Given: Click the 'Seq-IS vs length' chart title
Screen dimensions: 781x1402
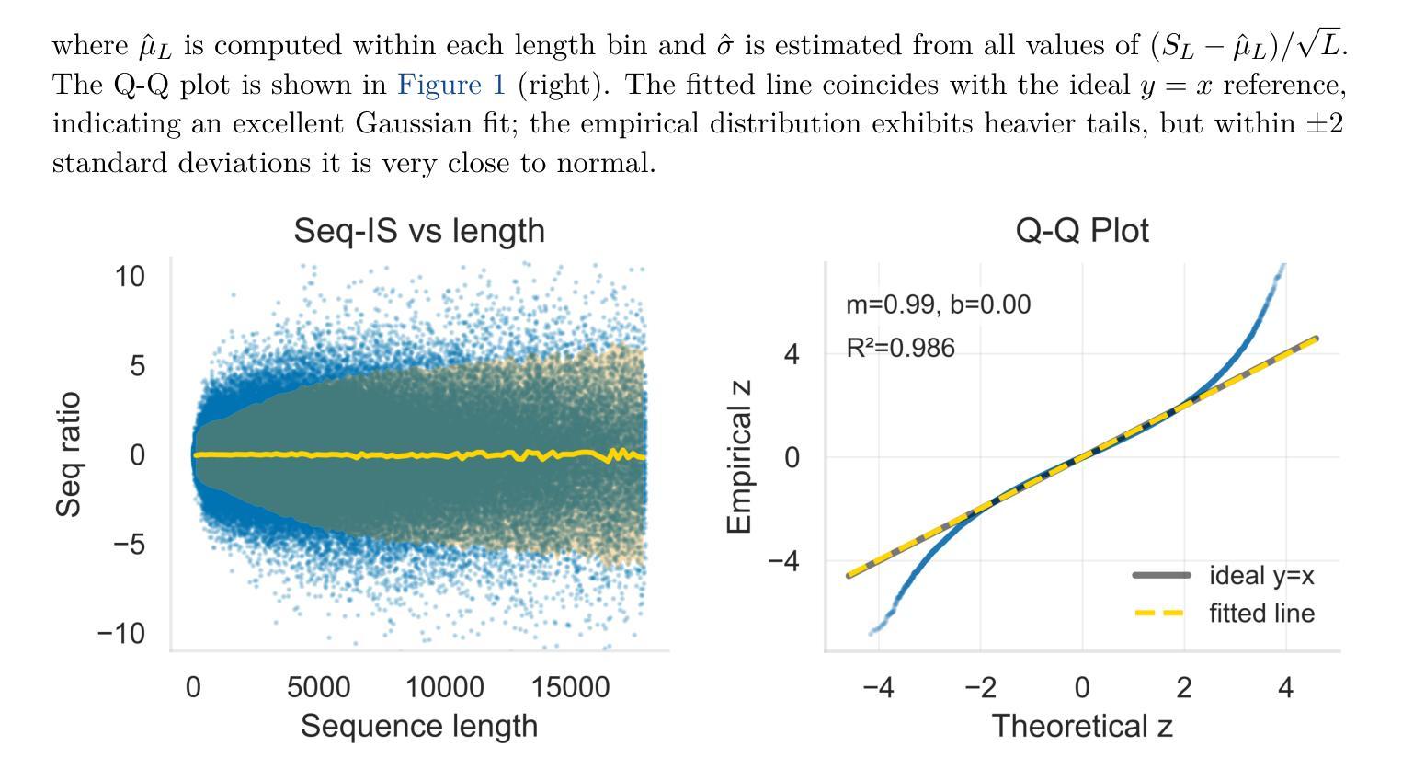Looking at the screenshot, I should point(419,230).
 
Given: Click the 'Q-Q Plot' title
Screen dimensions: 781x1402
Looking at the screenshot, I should point(1082,230).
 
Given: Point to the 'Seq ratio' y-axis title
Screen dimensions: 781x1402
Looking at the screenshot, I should point(69,454).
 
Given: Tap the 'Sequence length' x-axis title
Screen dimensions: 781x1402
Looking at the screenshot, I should point(419,726).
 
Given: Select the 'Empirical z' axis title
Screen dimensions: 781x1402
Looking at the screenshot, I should point(739,456).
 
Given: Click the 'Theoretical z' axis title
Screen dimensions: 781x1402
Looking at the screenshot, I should point(1082,726).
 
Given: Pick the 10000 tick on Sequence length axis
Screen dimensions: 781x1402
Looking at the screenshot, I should point(445,687).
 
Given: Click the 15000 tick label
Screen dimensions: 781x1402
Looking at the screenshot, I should point(570,687).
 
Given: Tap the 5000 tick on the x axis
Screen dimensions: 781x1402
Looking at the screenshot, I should point(318,687).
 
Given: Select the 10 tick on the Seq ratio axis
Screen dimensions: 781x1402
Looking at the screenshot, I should point(130,276).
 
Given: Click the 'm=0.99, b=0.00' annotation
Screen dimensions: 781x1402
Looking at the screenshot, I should point(938,304).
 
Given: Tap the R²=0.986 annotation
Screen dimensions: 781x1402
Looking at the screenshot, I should point(900,349).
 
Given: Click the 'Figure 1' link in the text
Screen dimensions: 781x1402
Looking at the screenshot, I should point(451,85).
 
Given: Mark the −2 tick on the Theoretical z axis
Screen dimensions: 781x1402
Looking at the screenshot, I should point(980,687).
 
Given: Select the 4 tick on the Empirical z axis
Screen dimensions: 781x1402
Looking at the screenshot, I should point(792,354).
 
